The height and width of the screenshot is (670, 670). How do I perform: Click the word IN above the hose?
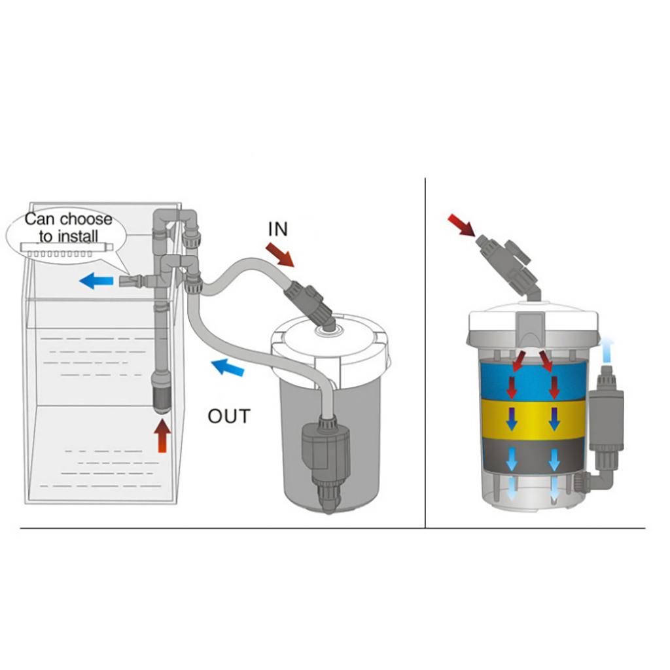[277, 229]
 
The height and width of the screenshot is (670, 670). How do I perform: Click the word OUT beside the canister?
[229, 416]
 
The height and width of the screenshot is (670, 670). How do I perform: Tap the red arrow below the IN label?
[280, 255]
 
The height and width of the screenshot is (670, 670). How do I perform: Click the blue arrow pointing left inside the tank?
[96, 281]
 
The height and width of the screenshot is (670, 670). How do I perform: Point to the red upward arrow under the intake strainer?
[162, 436]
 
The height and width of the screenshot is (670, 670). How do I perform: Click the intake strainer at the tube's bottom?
[162, 393]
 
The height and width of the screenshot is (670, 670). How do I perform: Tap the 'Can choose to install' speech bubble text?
[68, 228]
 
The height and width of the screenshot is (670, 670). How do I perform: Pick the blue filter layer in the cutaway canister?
[533, 380]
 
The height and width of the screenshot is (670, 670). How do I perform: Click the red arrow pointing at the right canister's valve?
[461, 226]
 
